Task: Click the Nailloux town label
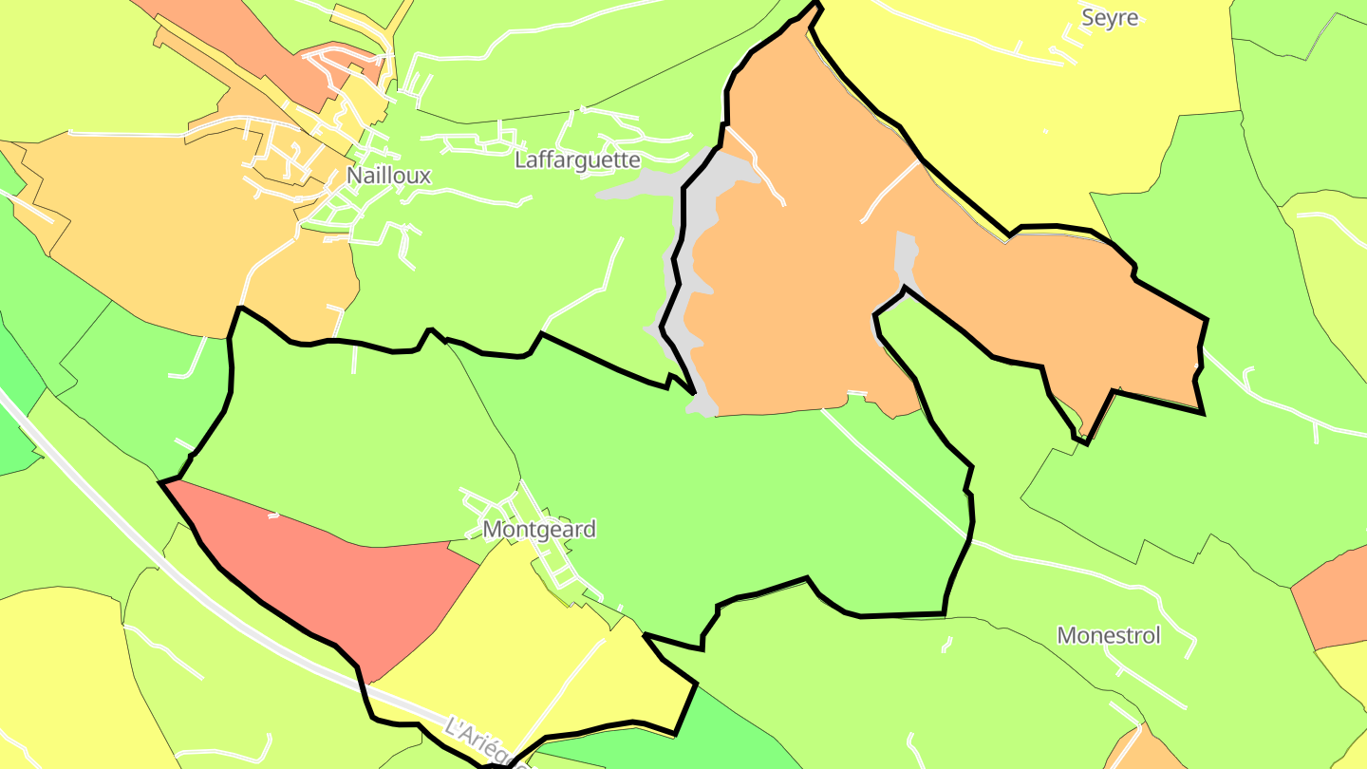(x=388, y=176)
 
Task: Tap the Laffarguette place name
(x=577, y=159)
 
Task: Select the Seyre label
(x=1110, y=18)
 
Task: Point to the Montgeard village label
(x=539, y=529)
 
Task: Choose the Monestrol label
(x=1109, y=635)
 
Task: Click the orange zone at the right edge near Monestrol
(x=1334, y=598)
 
